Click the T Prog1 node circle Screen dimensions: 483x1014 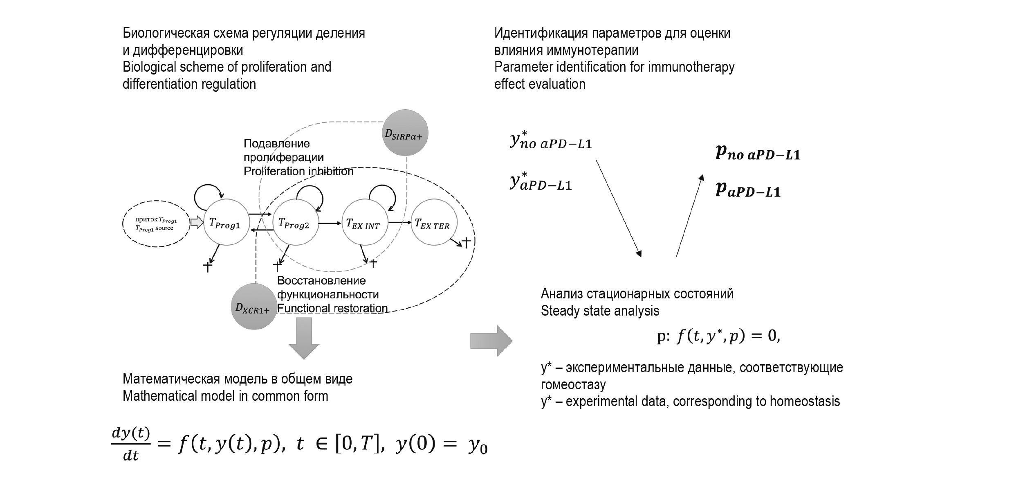(x=226, y=222)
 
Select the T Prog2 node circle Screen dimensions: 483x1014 (x=295, y=222)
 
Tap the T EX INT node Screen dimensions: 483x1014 (x=364, y=222)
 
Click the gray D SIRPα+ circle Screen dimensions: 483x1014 (x=404, y=133)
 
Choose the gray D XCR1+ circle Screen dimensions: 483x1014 (x=253, y=307)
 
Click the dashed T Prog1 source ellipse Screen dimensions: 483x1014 (x=156, y=223)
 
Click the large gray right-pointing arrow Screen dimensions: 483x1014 (x=491, y=341)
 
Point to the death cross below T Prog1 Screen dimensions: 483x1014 (x=208, y=266)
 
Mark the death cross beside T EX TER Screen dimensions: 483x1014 (x=466, y=242)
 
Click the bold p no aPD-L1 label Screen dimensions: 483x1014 (x=758, y=153)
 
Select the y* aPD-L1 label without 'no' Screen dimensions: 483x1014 (x=541, y=183)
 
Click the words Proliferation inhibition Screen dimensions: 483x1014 (x=298, y=171)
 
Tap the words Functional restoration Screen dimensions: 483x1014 (x=332, y=308)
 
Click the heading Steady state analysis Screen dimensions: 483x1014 (x=600, y=311)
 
